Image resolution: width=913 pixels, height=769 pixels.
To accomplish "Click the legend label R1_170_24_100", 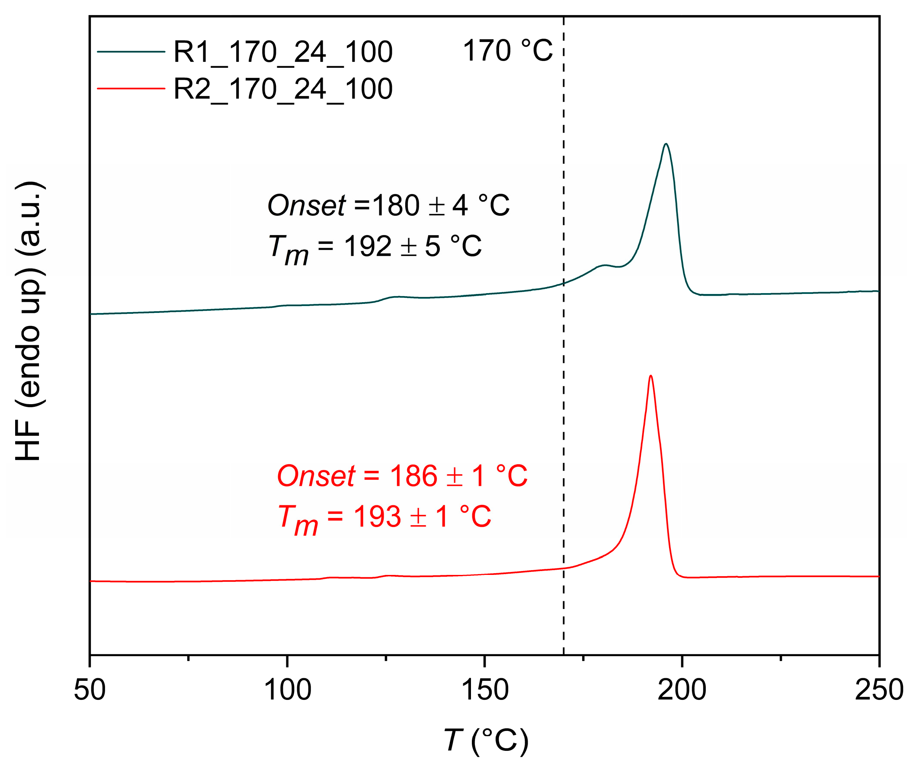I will [x=283, y=52].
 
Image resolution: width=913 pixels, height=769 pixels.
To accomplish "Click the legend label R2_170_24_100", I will [x=283, y=89].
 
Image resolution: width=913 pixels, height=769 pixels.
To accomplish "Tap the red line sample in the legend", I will [x=131, y=89].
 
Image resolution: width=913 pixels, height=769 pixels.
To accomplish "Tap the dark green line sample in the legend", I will [x=131, y=52].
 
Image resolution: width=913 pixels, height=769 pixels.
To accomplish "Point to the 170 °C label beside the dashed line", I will [x=507, y=51].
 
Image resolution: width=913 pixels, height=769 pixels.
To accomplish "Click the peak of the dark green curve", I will [x=666, y=144].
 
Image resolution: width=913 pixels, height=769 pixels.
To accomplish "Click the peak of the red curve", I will [x=651, y=376].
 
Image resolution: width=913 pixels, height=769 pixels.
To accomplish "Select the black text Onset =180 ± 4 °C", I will [x=388, y=205].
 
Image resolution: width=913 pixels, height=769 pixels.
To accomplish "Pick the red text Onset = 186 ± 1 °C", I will [x=402, y=475].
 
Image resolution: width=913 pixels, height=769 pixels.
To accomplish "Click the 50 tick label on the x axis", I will [x=90, y=690].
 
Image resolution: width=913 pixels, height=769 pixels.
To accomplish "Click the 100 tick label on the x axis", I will [x=288, y=690].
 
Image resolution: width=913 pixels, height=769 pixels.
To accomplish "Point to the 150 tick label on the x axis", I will [x=485, y=690].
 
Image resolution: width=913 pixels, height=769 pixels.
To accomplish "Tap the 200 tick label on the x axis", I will [x=682, y=690].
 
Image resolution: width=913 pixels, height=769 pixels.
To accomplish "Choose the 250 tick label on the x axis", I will [x=878, y=690].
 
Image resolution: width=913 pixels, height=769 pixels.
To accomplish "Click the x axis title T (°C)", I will [x=486, y=740].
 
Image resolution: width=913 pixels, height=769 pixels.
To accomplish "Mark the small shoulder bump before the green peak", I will [x=604, y=265].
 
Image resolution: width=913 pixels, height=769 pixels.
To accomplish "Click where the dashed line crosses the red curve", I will [x=564, y=568].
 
